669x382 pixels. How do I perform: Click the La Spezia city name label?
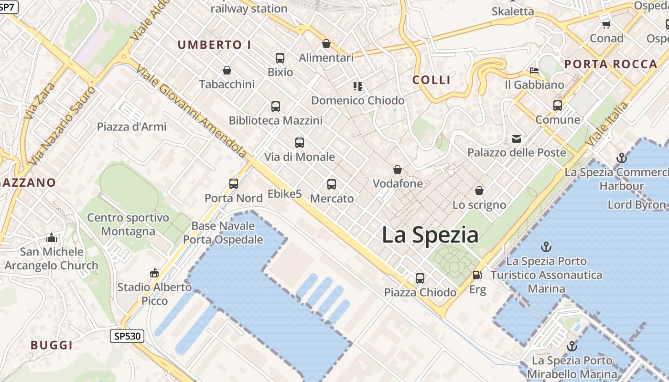430,235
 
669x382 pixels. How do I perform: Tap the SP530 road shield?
128,336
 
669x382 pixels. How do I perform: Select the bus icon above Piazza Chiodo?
420,278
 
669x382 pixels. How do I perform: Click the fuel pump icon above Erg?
477,275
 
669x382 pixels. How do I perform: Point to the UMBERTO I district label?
215,45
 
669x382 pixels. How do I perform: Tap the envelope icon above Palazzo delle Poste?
517,139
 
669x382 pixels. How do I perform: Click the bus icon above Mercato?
332,184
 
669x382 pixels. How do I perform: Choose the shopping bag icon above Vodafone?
398,170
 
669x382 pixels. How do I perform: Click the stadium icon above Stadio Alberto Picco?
154,273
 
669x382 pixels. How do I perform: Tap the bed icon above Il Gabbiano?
535,71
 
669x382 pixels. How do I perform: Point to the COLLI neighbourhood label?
432,80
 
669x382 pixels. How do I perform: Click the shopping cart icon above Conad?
606,24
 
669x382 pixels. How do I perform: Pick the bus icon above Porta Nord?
234,184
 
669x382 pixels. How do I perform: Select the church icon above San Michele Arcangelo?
52,238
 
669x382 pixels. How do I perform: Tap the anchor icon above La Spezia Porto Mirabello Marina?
572,346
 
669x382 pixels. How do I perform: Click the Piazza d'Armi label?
132,127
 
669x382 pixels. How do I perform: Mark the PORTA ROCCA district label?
611,64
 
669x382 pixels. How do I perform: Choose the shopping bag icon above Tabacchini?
227,70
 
